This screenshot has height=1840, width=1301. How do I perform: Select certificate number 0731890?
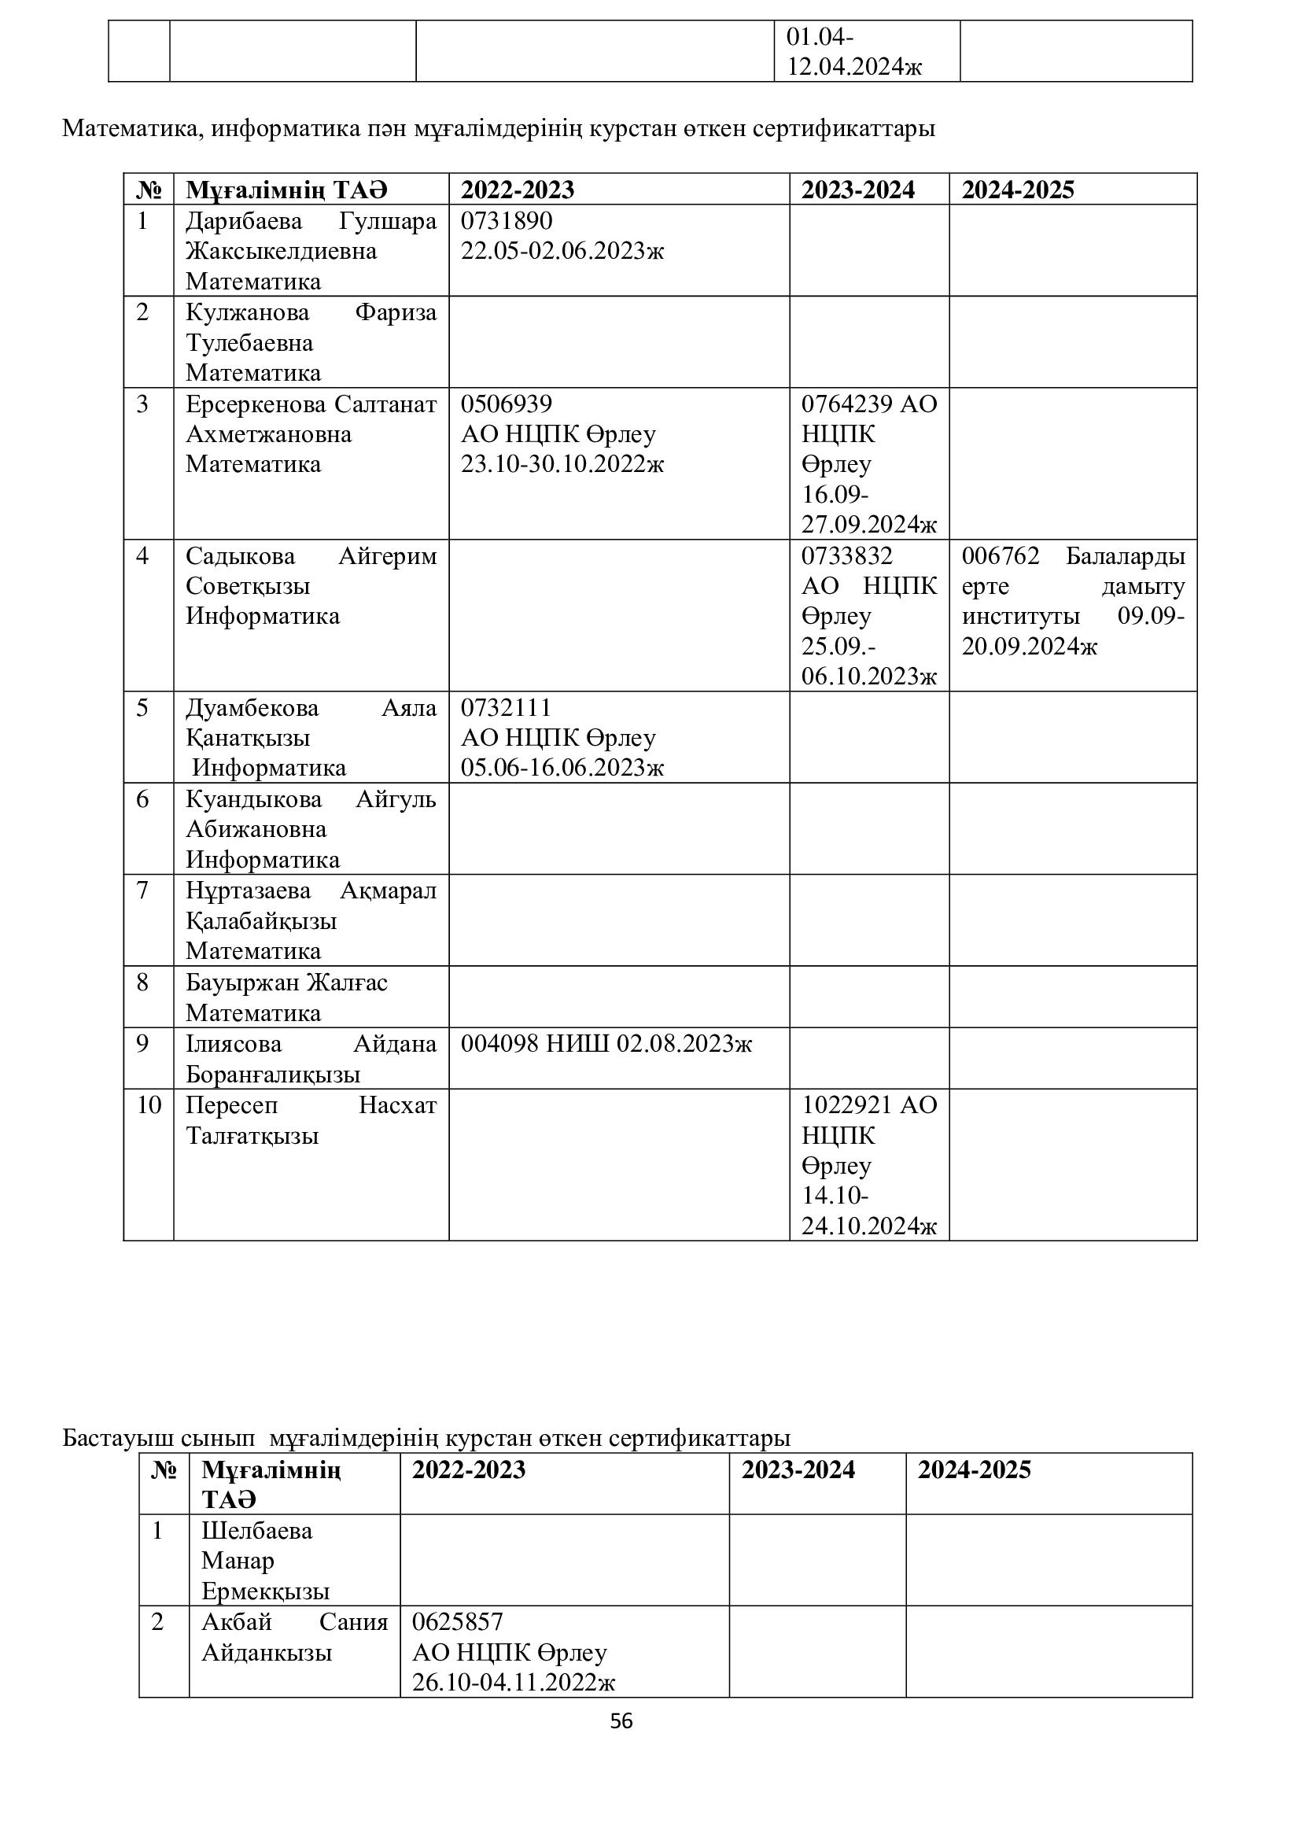507,220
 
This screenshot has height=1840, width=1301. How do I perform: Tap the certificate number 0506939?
507,403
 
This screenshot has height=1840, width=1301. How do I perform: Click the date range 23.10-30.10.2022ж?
562,464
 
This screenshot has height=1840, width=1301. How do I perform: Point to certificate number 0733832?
847,555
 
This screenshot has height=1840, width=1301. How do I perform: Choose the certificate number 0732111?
507,708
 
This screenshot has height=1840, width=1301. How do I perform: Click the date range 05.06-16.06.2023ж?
562,768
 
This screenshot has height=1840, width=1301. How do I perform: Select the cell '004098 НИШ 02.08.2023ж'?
606,1043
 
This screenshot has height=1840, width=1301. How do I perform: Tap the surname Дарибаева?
244,220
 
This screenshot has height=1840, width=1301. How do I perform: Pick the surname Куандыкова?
254,799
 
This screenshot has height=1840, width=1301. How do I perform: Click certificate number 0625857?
458,1622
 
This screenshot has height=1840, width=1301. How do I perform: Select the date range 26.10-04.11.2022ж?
514,1682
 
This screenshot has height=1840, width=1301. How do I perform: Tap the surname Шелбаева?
256,1531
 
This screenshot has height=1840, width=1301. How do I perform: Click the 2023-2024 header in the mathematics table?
858,190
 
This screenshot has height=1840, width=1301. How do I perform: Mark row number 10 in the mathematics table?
149,1105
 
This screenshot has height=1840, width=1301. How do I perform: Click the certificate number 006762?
1001,555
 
